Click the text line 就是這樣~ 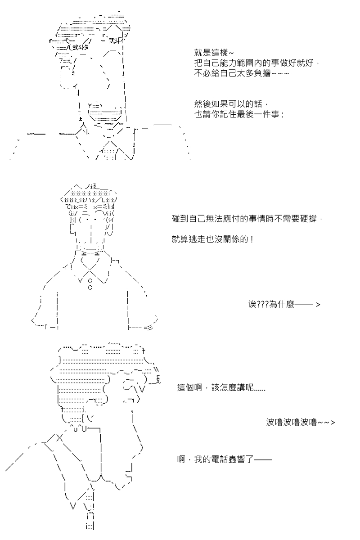tap(214, 53)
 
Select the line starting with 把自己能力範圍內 tap(257, 63)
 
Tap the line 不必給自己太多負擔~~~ tap(242, 73)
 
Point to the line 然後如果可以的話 tap(231, 104)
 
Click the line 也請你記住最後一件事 tap(239, 114)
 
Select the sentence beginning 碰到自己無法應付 tap(247, 219)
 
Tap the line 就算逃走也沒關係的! tap(212, 239)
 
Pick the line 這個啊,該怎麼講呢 tap(221, 387)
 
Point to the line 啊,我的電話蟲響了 tap(225, 459)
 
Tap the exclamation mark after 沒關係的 tap(252, 239)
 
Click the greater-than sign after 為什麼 tap(318, 305)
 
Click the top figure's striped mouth tap(105, 116)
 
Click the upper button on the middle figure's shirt tap(90, 281)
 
